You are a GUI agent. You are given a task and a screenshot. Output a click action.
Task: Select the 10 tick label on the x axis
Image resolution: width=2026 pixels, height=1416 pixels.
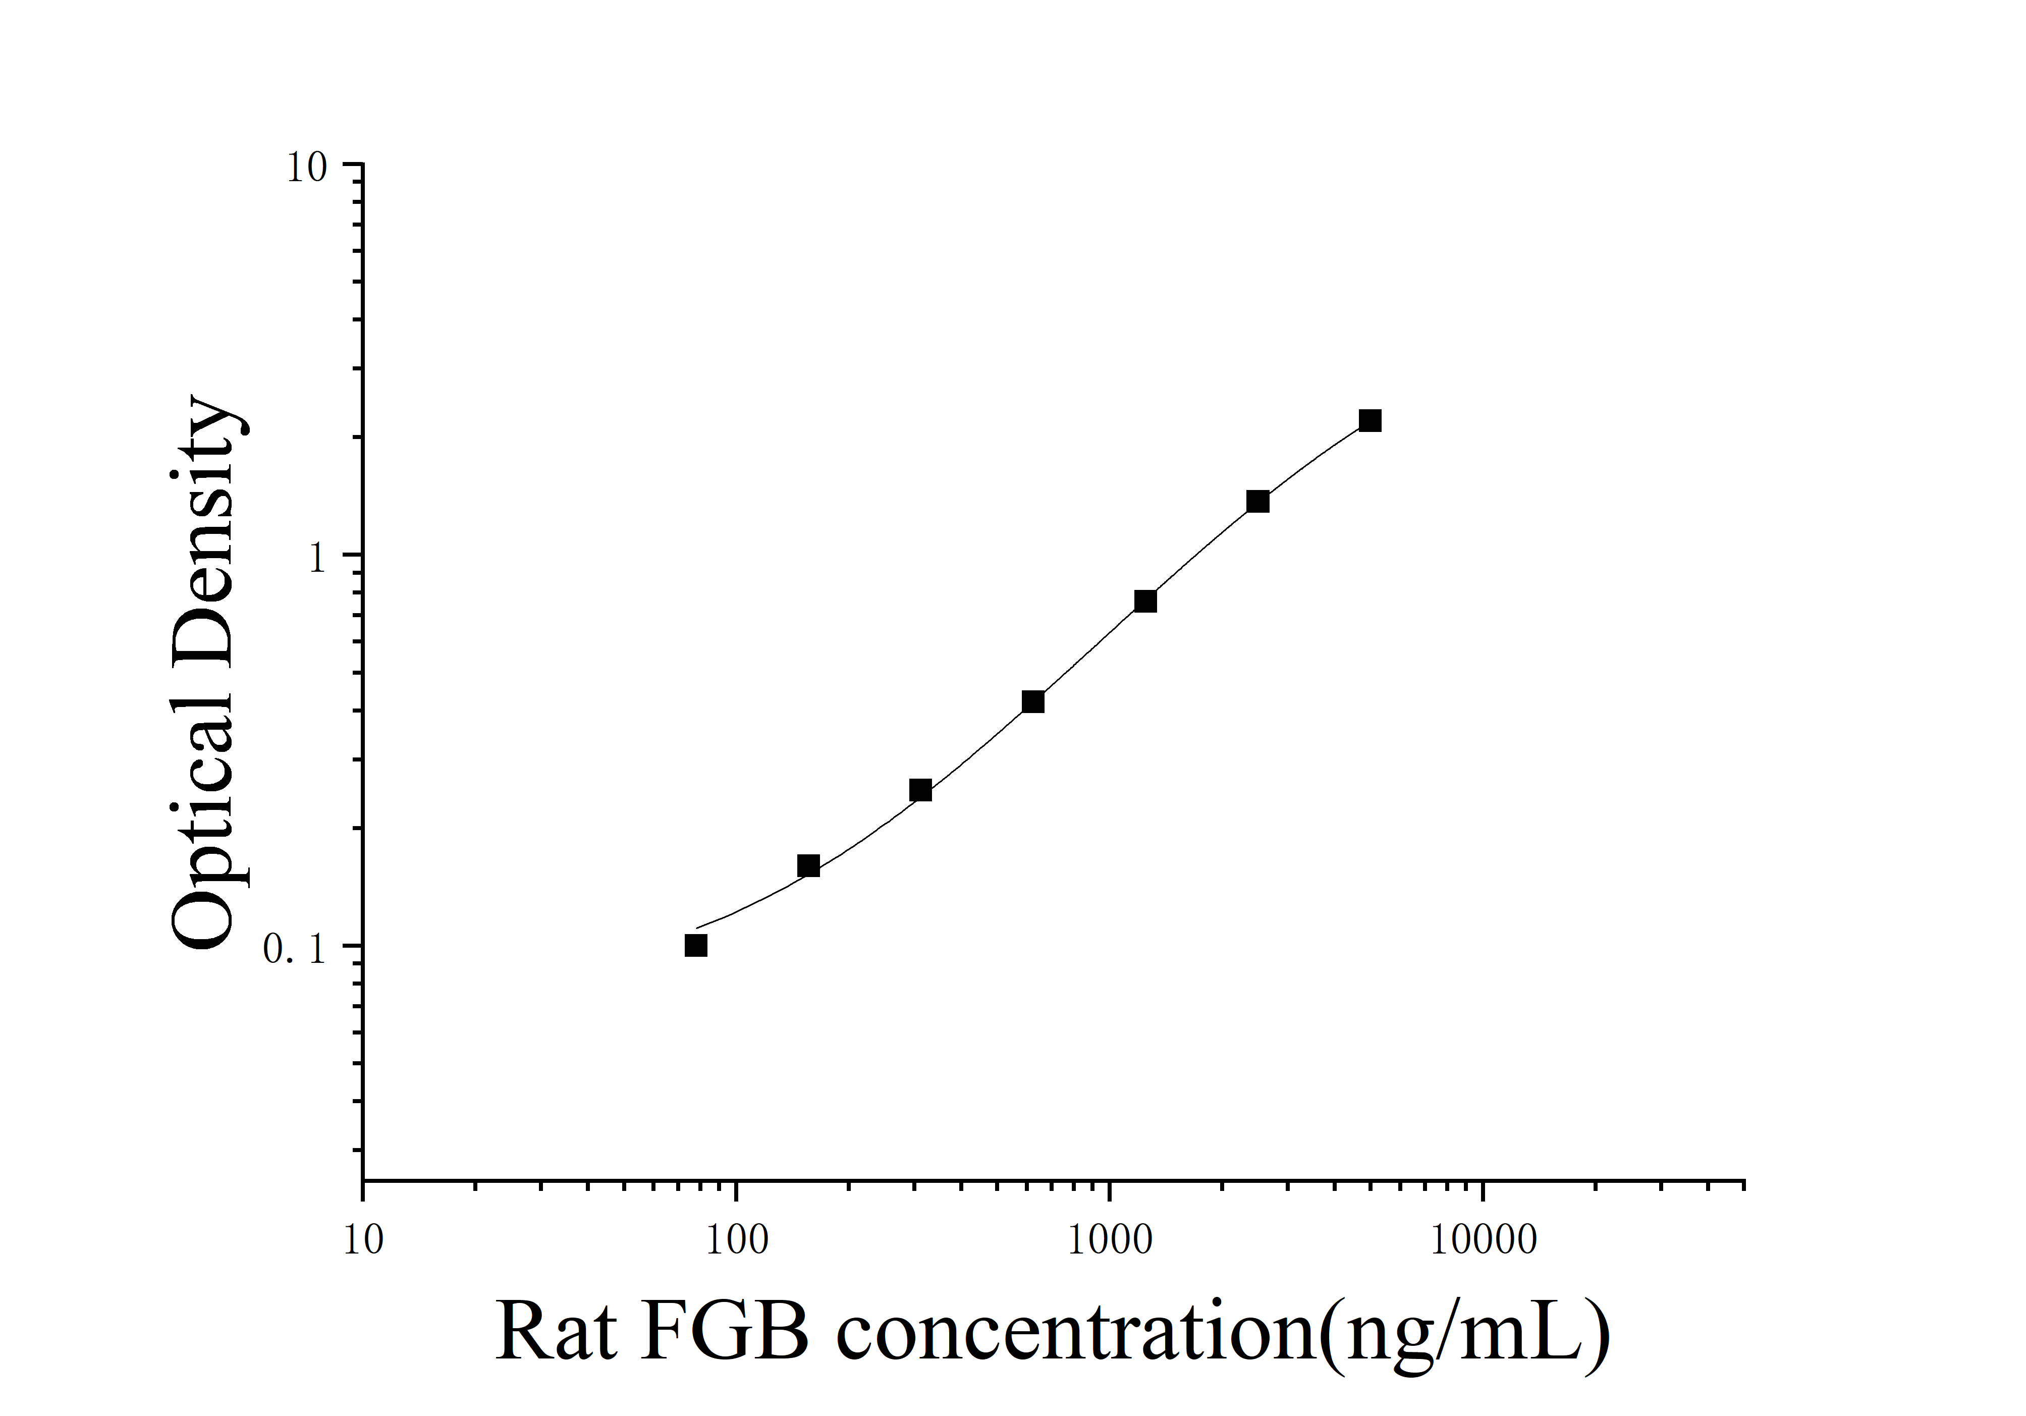click(363, 1240)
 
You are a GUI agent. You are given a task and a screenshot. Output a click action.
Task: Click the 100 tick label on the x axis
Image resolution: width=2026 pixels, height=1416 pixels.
click(735, 1240)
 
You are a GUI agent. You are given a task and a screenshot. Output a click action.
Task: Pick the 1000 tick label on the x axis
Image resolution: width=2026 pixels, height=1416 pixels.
click(1109, 1240)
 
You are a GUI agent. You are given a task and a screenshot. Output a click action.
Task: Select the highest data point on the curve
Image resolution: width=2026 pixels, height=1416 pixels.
click(1370, 421)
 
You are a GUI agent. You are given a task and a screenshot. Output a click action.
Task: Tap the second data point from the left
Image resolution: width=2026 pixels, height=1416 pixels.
click(808, 865)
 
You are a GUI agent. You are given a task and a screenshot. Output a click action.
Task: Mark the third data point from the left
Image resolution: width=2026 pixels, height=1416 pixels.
click(920, 790)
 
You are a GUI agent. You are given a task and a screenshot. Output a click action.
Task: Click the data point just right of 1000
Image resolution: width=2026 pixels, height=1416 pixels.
click(1145, 601)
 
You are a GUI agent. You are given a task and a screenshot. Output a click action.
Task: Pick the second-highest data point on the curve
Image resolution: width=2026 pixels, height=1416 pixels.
click(1257, 501)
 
